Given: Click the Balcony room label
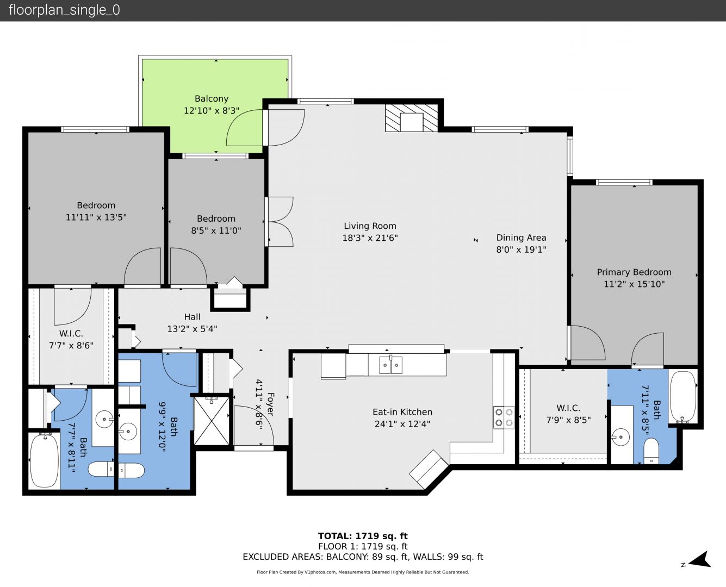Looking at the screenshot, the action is point(212,98).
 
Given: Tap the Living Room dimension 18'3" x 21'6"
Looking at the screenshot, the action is point(370,238).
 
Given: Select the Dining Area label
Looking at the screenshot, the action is point(521,238).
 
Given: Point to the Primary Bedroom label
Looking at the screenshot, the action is point(634,272).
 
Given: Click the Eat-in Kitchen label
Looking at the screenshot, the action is point(402,412).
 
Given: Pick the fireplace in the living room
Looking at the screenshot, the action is point(411,118).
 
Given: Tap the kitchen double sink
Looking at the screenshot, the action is point(391,365).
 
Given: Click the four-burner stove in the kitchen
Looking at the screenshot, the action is point(504,417).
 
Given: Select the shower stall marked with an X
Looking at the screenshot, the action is point(212,421).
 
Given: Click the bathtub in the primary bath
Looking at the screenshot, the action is point(682,397).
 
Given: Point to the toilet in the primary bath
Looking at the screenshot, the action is point(651,451).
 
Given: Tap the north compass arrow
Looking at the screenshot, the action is point(699,559).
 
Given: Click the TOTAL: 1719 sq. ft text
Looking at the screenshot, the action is point(363,536).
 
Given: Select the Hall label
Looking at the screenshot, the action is point(192,317).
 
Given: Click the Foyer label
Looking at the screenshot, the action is point(270,404).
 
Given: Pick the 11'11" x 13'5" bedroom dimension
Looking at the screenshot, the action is point(96,217).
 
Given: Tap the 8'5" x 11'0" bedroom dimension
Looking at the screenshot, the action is point(216,230).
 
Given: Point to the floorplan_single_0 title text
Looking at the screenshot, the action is point(64,10).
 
